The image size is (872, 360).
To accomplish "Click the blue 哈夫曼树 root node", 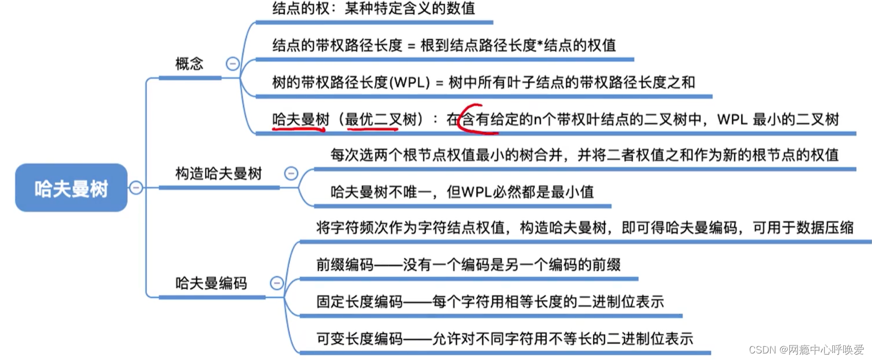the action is click(71, 188).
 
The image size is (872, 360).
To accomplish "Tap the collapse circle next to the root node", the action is click(136, 188).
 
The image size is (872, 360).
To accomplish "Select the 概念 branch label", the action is click(189, 64).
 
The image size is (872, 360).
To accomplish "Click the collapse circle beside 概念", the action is click(233, 64).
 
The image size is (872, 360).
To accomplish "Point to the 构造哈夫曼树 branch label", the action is click(218, 174).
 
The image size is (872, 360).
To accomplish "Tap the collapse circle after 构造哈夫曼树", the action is click(291, 173).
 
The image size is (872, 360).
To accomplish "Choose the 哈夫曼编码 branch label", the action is click(211, 283).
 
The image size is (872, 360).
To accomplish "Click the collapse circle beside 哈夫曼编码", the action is click(277, 283).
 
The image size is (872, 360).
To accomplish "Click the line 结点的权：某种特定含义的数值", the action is click(374, 9).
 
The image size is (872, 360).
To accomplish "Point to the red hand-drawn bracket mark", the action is click(467, 118).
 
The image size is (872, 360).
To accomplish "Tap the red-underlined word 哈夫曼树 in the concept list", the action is click(301, 119).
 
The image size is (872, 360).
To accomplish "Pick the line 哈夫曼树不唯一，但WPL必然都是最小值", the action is click(462, 192).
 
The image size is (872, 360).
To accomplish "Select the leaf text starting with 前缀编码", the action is click(468, 265).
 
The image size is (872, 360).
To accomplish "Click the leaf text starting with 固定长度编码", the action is click(490, 302).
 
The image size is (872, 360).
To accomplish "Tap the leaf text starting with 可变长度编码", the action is click(504, 339).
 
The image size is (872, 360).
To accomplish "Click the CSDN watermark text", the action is click(806, 350).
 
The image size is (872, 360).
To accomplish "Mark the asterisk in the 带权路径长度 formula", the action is click(540, 44).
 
